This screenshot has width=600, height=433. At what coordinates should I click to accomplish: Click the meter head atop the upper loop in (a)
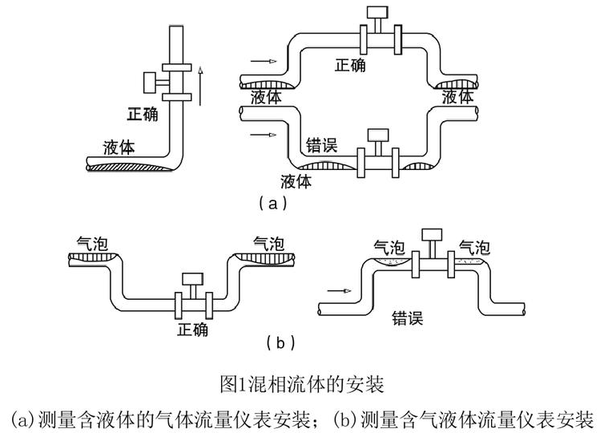(374, 14)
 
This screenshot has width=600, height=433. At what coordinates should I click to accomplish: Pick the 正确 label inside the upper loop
(350, 64)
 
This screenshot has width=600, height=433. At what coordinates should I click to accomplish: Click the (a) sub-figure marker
(271, 204)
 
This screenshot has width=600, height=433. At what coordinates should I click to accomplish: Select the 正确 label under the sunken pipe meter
(194, 330)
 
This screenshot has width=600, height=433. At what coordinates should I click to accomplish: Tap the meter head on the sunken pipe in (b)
(193, 279)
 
